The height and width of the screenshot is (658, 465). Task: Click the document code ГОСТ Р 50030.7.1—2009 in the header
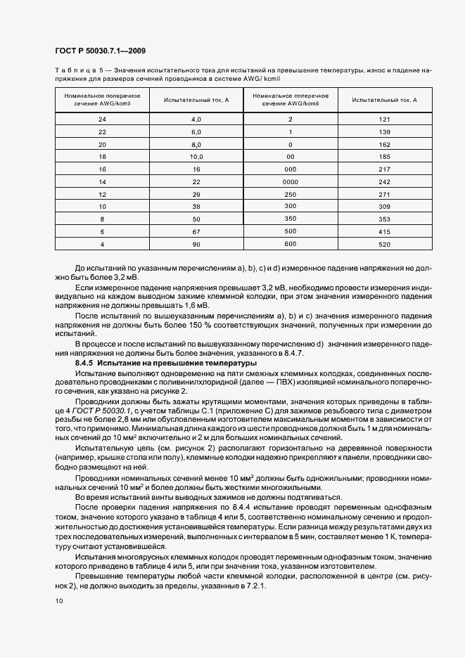coord(99,51)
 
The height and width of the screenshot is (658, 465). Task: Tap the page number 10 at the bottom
coord(58,601)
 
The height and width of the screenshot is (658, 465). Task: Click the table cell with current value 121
coord(384,120)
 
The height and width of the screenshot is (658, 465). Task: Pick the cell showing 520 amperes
coord(384,244)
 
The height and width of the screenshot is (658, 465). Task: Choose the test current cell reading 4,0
coord(196,120)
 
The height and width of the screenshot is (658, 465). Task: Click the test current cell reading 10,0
coord(196,157)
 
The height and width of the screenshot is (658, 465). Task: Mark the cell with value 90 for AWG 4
coord(196,244)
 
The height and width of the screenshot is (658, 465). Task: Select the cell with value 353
coord(384,219)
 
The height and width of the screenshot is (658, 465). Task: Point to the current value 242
coord(384,181)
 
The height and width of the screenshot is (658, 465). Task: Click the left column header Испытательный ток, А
coord(196,101)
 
